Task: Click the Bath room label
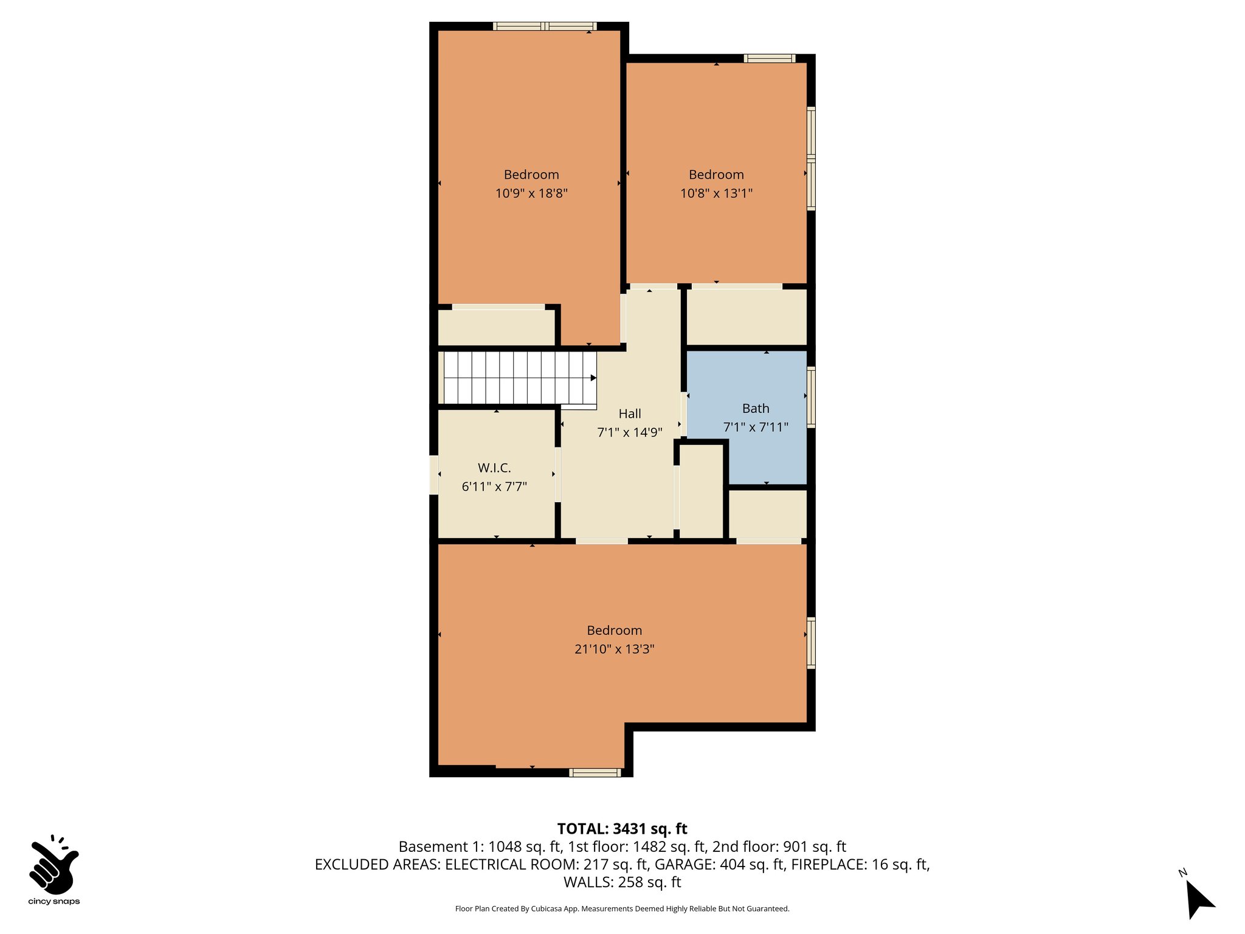pos(756,409)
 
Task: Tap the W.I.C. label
pos(494,468)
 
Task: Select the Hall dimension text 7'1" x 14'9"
pos(629,432)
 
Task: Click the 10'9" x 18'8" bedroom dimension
pos(531,193)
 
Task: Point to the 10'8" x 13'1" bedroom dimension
pos(716,193)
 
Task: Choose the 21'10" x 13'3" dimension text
pos(614,649)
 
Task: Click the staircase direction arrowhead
pos(593,378)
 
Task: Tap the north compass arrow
pos(1199,899)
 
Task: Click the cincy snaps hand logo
pos(53,865)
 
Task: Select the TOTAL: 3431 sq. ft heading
pos(622,829)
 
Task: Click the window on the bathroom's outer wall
pos(811,397)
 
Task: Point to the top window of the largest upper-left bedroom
pos(545,26)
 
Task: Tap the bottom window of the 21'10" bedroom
pos(595,773)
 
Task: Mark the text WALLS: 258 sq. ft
pos(622,882)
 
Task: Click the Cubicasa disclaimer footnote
pos(622,909)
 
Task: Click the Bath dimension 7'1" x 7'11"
pos(756,427)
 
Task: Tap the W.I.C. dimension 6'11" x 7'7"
pos(494,486)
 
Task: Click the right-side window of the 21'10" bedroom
pos(811,643)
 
